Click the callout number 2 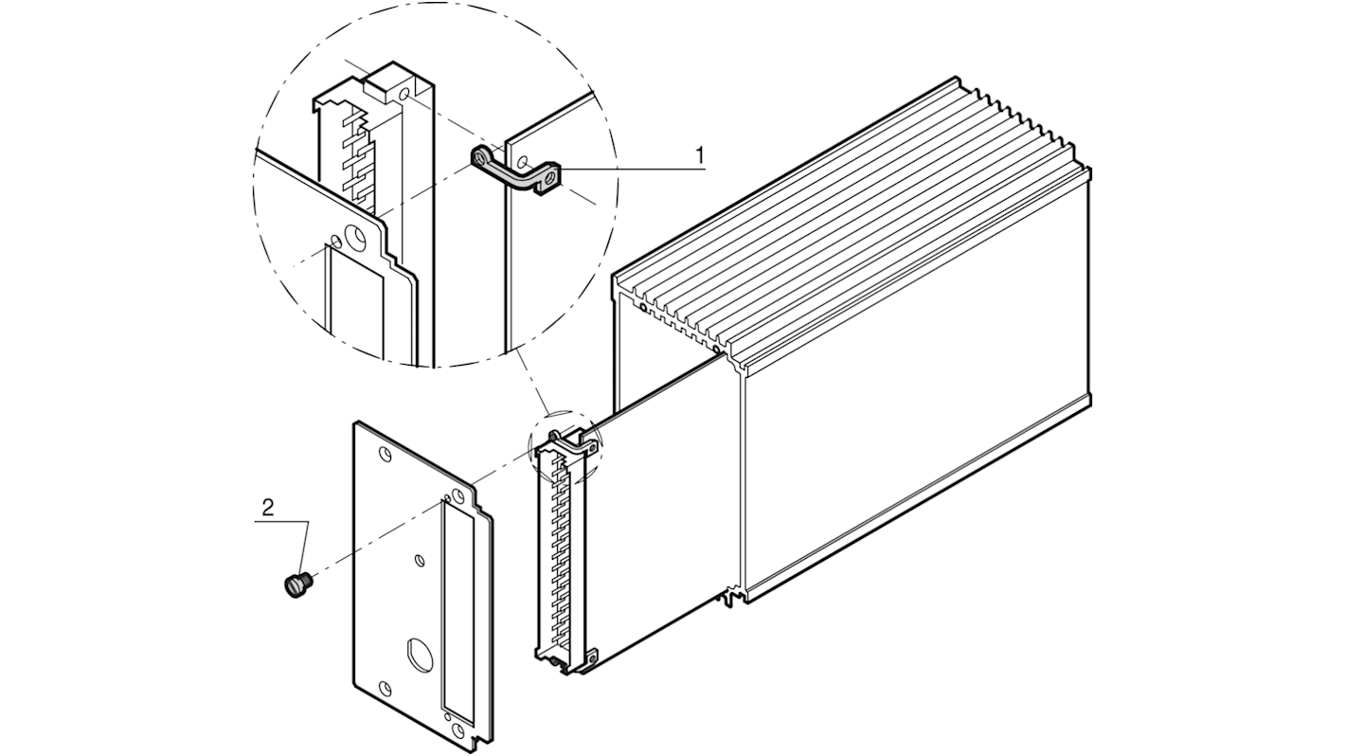tap(268, 508)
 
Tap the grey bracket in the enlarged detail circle tap(517, 171)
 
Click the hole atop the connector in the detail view tap(404, 97)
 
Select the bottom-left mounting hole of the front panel tap(384, 686)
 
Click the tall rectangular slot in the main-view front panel tap(457, 606)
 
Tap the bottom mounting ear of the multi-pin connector tap(590, 656)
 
